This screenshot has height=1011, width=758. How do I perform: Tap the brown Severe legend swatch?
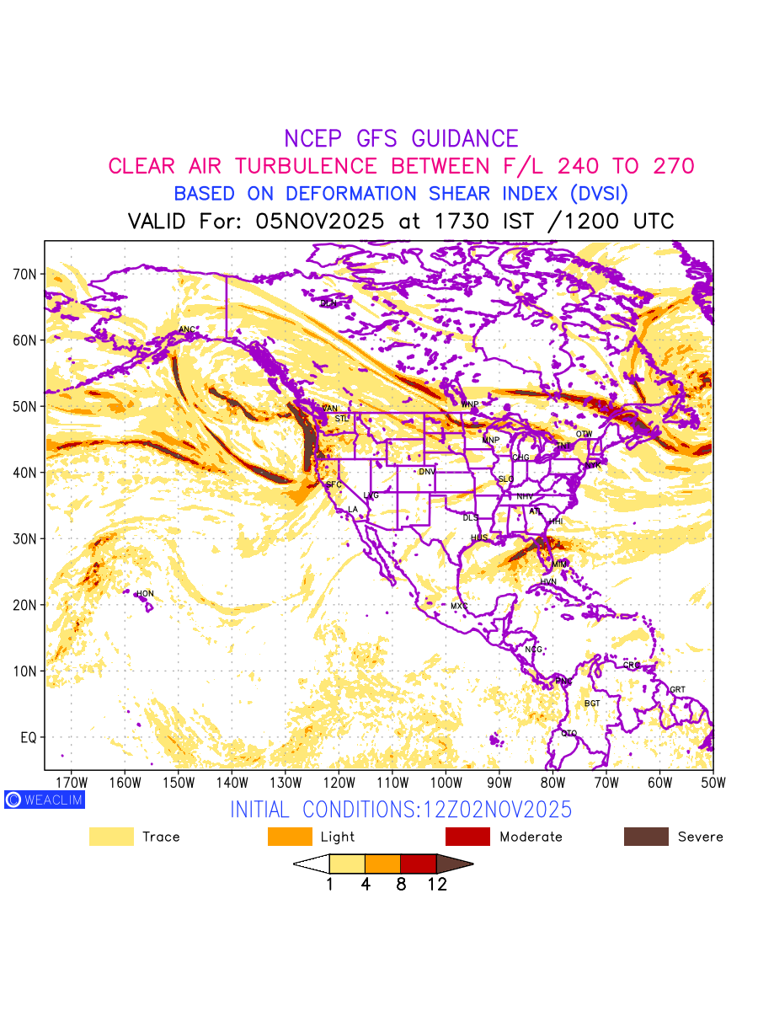pyautogui.click(x=646, y=837)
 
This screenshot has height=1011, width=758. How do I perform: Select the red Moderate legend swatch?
pyautogui.click(x=467, y=837)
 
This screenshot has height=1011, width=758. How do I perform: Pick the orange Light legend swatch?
pyautogui.click(x=289, y=837)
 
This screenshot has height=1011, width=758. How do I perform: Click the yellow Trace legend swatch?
pyautogui.click(x=111, y=837)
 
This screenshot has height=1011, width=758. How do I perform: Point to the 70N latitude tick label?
pyautogui.click(x=24, y=274)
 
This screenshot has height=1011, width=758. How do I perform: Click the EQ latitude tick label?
pyautogui.click(x=28, y=737)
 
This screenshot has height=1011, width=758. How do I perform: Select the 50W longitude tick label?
pyautogui.click(x=713, y=782)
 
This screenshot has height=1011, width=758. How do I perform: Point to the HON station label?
pyautogui.click(x=145, y=594)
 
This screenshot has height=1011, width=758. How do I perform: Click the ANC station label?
pyautogui.click(x=187, y=329)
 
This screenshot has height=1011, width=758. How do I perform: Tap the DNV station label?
pyautogui.click(x=427, y=472)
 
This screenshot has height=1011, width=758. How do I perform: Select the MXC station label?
pyautogui.click(x=459, y=606)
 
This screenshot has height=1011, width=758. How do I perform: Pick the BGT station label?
pyautogui.click(x=592, y=703)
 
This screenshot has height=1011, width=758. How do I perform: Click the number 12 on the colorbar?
pyautogui.click(x=436, y=885)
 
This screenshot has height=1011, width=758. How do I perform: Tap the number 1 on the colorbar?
pyautogui.click(x=329, y=885)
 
